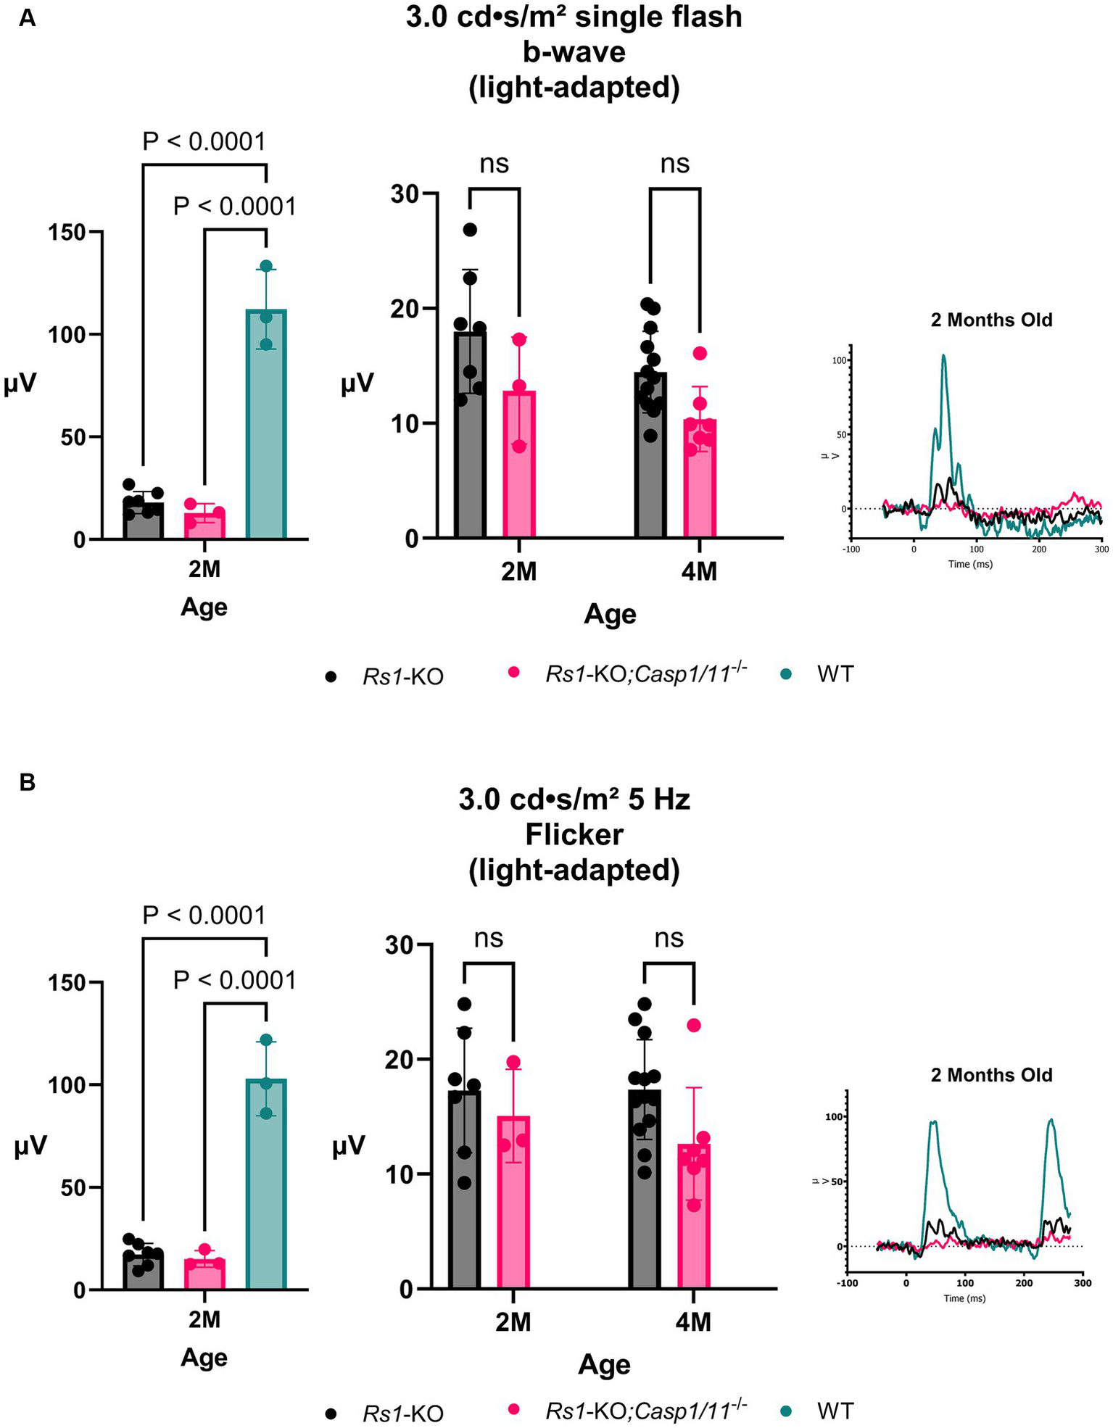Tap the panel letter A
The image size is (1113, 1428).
pos(27,18)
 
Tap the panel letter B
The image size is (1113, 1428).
pos(27,783)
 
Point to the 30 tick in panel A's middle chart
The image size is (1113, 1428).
pos(405,194)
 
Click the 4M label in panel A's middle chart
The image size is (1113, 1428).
pos(699,572)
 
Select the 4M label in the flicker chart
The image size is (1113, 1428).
pos(693,1322)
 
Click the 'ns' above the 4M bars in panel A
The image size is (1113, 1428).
pos(674,164)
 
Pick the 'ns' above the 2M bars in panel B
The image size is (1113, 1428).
pos(488,938)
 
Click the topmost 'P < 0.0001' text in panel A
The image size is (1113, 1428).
pos(204,141)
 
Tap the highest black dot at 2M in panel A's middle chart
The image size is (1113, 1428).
pos(470,230)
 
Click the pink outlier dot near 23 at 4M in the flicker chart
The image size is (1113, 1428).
pos(694,1025)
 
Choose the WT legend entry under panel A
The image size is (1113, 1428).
pos(834,674)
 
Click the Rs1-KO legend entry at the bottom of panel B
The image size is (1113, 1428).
pos(402,1414)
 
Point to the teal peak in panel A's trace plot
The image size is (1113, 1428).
pos(944,356)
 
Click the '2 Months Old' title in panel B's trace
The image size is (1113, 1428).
pos(991,1075)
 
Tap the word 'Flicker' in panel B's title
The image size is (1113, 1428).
pos(574,835)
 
